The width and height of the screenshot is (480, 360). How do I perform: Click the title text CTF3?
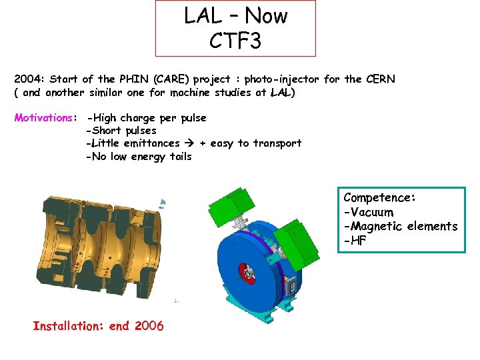click(x=235, y=41)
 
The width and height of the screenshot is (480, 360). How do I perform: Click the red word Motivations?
click(x=44, y=118)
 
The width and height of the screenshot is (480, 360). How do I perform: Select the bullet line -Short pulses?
click(x=121, y=131)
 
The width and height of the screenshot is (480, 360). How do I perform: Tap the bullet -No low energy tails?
click(x=139, y=157)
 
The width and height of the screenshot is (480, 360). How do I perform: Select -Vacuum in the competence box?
click(x=369, y=212)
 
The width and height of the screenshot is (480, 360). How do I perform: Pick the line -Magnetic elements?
click(x=400, y=227)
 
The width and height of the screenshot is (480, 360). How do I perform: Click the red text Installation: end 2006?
click(x=98, y=326)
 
